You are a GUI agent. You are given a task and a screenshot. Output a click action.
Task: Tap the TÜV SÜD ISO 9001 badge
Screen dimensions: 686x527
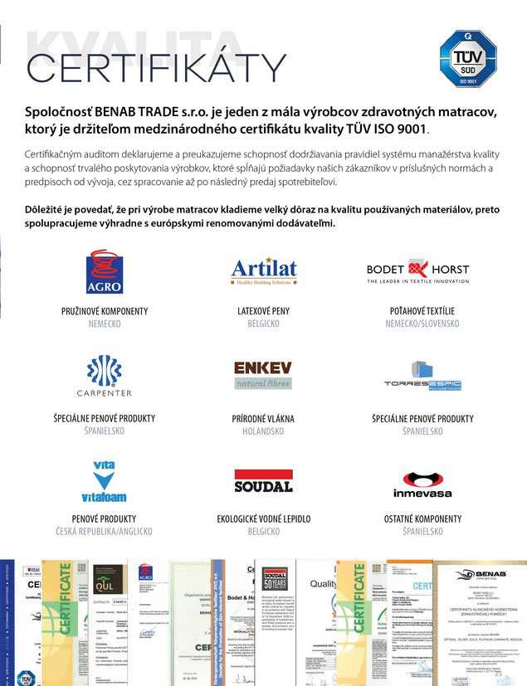[x=467, y=59]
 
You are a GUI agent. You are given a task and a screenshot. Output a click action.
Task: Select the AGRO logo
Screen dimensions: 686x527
[x=105, y=272]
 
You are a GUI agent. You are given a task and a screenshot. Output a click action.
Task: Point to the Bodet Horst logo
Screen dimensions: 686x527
[x=417, y=272]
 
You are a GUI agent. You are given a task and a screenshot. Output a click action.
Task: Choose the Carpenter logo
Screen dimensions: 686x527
[x=105, y=376]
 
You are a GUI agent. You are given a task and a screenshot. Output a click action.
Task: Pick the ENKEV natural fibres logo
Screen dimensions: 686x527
[x=263, y=375]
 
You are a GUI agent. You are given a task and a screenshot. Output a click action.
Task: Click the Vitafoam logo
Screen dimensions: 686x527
[x=105, y=482]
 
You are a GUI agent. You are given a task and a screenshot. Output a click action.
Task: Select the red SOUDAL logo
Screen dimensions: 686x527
[x=263, y=482]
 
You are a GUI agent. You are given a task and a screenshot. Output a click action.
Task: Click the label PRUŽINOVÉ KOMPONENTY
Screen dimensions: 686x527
[x=105, y=311]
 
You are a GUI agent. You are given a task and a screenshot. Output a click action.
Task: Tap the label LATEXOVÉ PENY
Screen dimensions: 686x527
[x=263, y=311]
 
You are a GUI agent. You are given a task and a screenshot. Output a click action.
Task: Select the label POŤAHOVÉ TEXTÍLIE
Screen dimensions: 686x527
[x=422, y=311]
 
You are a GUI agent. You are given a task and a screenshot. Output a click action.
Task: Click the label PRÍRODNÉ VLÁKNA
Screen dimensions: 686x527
[x=263, y=419]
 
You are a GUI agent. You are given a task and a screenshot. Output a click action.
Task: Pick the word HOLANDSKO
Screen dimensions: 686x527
[x=263, y=431]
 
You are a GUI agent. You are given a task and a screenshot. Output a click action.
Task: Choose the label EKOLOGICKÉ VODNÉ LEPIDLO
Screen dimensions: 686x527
[x=263, y=518]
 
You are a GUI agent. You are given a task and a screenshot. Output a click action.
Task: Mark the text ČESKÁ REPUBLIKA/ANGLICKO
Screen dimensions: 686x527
[x=105, y=531]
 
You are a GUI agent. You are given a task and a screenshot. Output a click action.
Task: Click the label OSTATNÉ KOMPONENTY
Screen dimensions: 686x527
[x=422, y=518]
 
